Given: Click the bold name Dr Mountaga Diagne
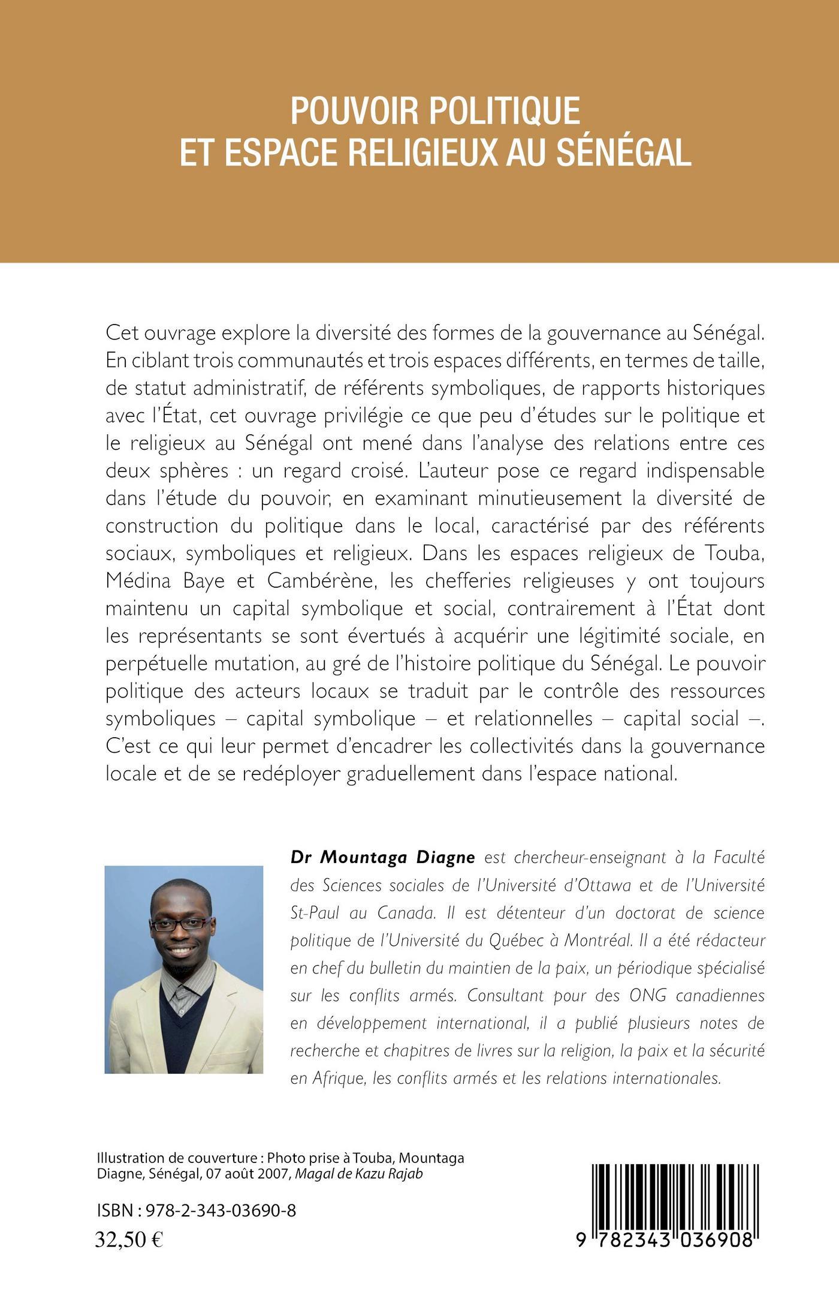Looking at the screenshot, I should (382, 858).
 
